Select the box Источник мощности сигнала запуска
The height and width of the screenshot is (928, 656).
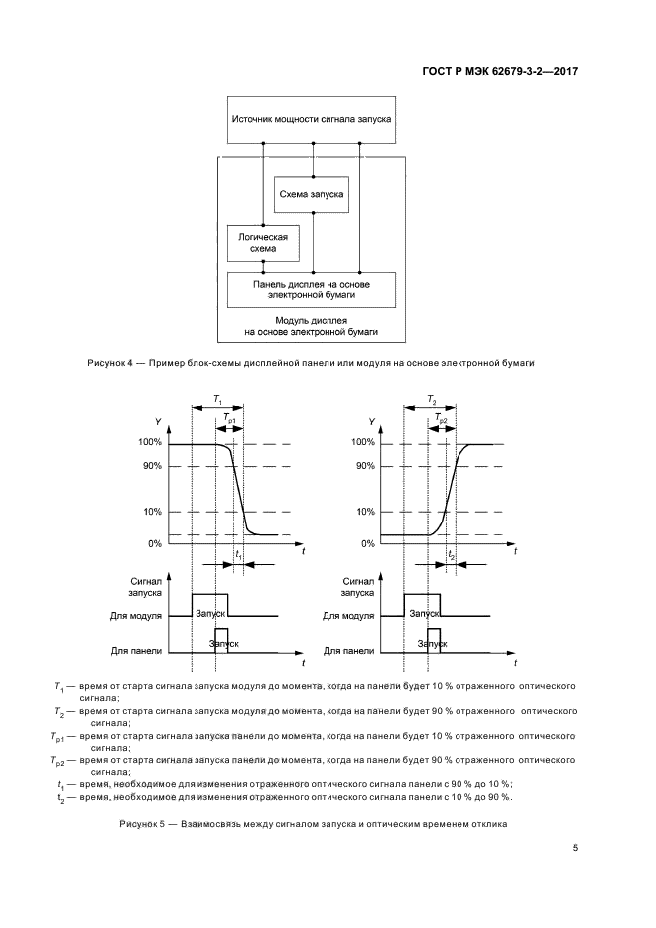pyautogui.click(x=312, y=119)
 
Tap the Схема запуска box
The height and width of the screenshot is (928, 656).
pyautogui.click(x=312, y=195)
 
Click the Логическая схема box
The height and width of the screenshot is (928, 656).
pyautogui.click(x=263, y=243)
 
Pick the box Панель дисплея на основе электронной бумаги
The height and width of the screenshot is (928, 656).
pyautogui.click(x=312, y=289)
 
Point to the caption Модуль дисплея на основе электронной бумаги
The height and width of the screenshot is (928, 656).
pyautogui.click(x=312, y=328)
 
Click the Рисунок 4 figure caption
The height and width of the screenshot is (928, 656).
pyautogui.click(x=313, y=363)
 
